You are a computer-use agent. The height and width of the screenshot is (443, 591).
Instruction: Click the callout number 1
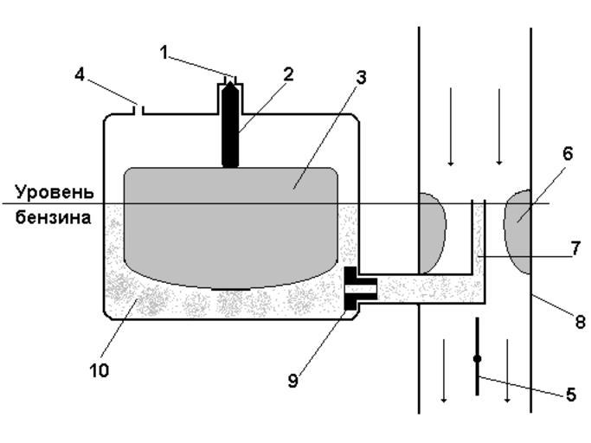pos(164,52)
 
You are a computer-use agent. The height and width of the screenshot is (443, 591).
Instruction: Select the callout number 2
pos(288,74)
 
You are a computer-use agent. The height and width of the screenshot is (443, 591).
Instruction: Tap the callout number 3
pos(361,77)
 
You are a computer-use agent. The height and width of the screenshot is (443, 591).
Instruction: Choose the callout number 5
pos(570,395)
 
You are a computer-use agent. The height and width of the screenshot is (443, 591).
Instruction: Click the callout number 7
pos(575,247)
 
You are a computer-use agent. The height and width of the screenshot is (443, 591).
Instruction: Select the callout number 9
pos(293,381)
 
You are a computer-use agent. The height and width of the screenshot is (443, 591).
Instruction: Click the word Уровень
pos(52,192)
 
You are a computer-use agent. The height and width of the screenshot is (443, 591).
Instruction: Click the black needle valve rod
pos(230,125)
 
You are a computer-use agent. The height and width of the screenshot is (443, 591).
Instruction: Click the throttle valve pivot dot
pos(478,357)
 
